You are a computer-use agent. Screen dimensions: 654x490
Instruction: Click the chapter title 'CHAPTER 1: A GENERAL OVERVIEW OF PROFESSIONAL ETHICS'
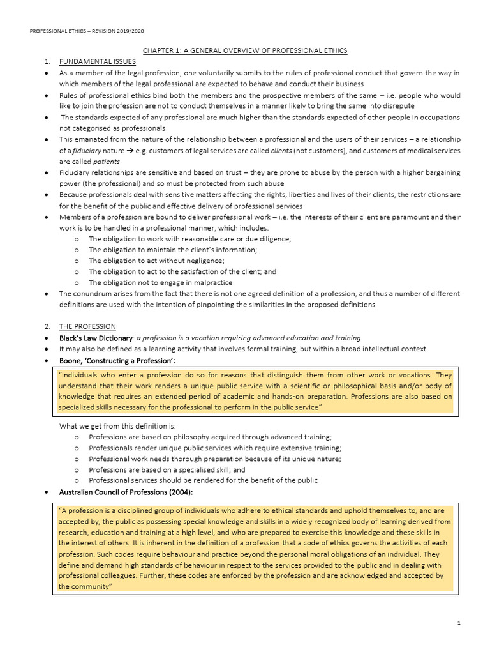(245, 50)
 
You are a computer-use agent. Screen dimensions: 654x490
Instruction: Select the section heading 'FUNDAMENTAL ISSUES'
(97, 62)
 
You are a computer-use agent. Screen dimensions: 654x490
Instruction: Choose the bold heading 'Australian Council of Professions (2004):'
(126, 492)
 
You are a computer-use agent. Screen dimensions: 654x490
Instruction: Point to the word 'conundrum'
(95, 294)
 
